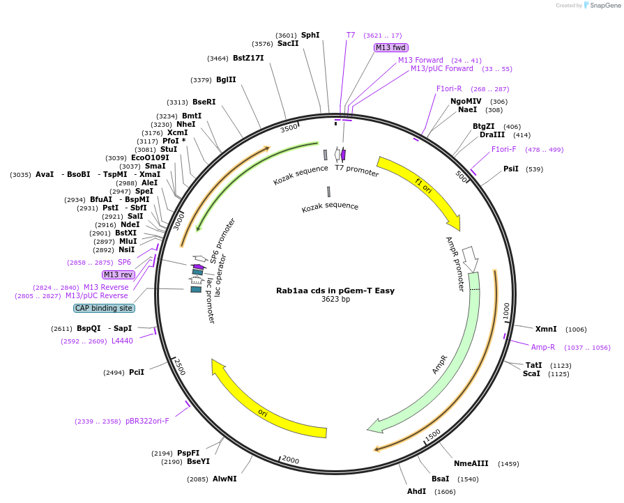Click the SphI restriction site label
coord(310,35)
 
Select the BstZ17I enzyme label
coord(248,58)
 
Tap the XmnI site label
coord(546,329)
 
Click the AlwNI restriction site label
coord(225,479)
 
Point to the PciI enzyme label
coord(137,372)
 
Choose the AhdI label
coord(416,491)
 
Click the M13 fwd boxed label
coord(390,47)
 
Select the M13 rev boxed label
coord(118,274)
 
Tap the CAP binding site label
coord(104,308)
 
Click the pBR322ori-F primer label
coord(147,421)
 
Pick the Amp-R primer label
coord(543,347)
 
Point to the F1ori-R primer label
coord(454,88)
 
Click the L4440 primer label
coord(122,341)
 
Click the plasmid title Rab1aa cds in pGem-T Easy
coord(335,291)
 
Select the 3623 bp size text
coord(335,300)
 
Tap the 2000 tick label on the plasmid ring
coord(290,461)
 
